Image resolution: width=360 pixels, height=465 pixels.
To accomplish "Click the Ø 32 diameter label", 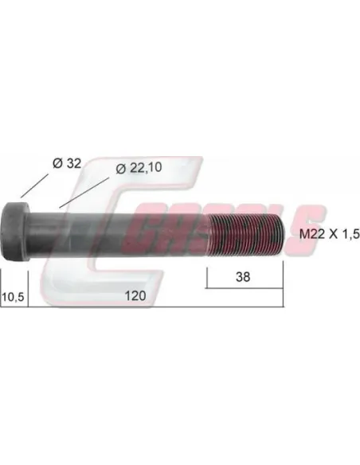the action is click(67, 163).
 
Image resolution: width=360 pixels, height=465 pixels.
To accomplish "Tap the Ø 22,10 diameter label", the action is click(139, 168).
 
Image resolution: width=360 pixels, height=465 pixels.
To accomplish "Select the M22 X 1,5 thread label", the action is click(330, 234).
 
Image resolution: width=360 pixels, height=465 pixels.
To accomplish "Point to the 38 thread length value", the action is click(243, 276).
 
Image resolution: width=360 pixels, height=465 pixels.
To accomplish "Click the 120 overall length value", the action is click(135, 295).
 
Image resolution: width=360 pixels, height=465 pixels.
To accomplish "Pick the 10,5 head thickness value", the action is click(13, 296).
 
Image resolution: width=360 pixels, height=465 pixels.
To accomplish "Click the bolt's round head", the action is click(16, 232).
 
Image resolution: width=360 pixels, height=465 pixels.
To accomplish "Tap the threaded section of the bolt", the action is click(246, 234).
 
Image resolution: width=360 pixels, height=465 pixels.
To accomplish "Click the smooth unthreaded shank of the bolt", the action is click(119, 235).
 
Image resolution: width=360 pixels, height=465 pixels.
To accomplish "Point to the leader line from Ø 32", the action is click(34, 186).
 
